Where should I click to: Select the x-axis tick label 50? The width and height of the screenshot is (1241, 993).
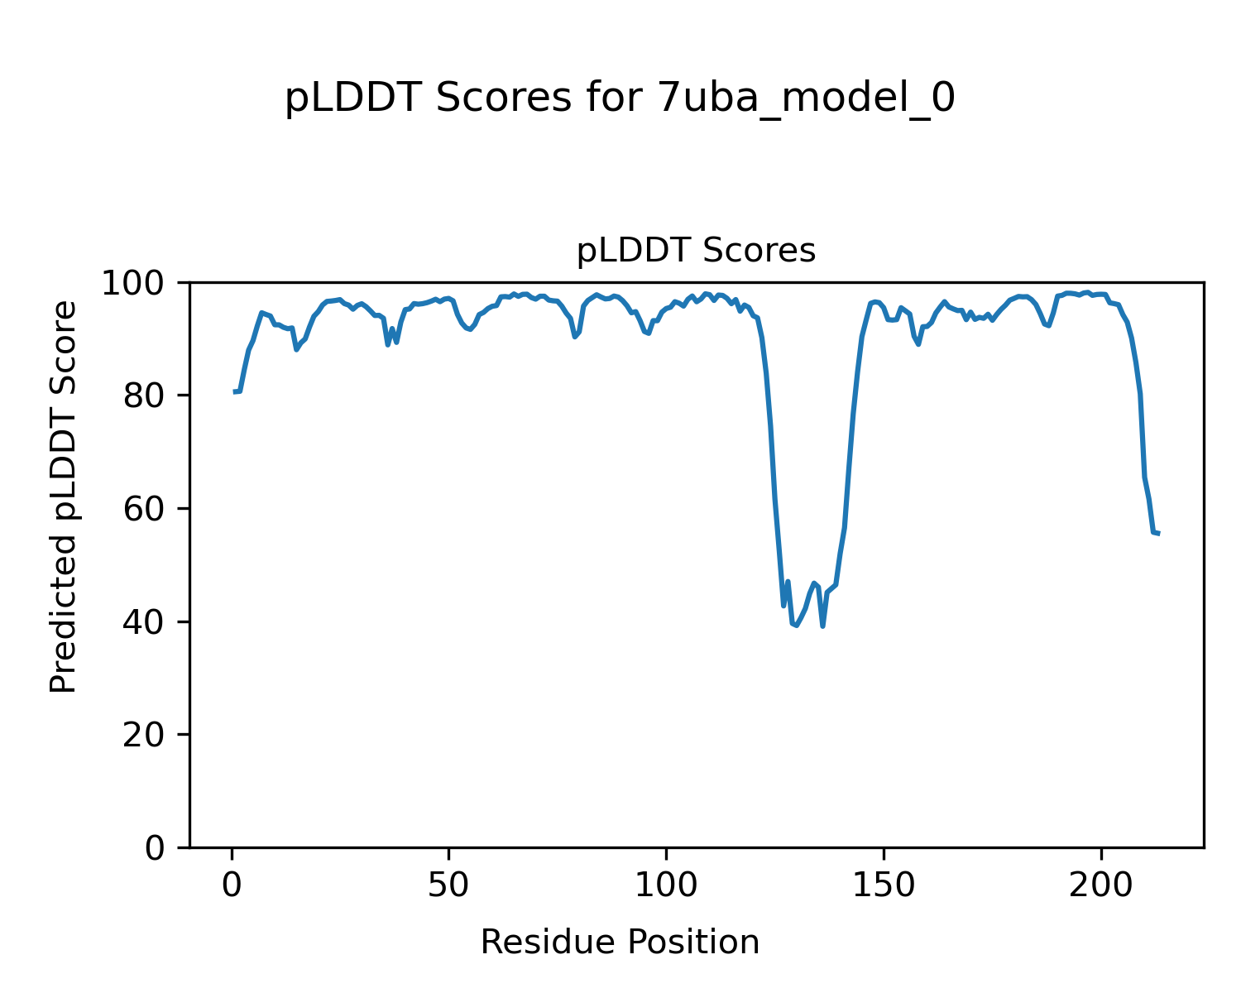coord(448,885)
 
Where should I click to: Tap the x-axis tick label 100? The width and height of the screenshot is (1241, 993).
coord(666,885)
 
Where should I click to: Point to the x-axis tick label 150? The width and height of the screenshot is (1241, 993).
coord(884,885)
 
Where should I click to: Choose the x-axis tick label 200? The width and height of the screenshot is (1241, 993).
coord(1101,885)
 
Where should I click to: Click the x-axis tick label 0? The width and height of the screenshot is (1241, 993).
coord(232,885)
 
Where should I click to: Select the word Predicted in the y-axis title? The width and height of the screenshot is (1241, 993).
coord(64,614)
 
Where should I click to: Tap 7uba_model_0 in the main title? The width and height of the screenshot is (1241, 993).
coord(807,99)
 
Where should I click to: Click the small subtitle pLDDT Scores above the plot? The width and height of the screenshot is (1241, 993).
coord(696,251)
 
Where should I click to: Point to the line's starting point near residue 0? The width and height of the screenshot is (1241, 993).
coord(235,391)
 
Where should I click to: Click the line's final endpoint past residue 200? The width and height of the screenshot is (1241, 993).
coord(1158,533)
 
